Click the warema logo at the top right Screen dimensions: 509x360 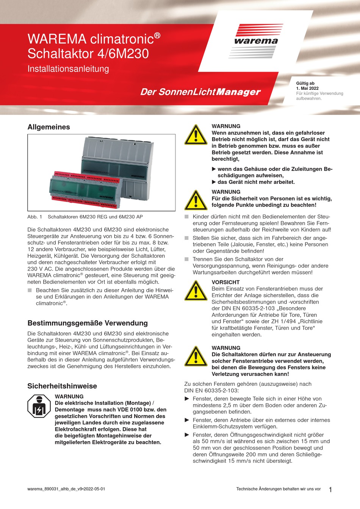point(256,40)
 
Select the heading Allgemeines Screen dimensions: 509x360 point(49,127)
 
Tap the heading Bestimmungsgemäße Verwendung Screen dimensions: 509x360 point(88,323)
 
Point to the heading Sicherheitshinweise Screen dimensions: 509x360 point(62,386)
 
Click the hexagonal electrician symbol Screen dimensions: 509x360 point(39,406)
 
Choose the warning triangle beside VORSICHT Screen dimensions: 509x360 point(196,291)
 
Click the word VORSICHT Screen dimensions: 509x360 point(225,282)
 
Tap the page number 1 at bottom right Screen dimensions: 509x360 point(330,490)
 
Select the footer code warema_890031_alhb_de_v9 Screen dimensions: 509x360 point(66,489)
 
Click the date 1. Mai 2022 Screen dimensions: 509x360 point(307,88)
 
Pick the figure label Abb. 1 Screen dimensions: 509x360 point(35,217)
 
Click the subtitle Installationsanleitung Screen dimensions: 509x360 point(68,69)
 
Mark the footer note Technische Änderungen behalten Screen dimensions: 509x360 point(278,489)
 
